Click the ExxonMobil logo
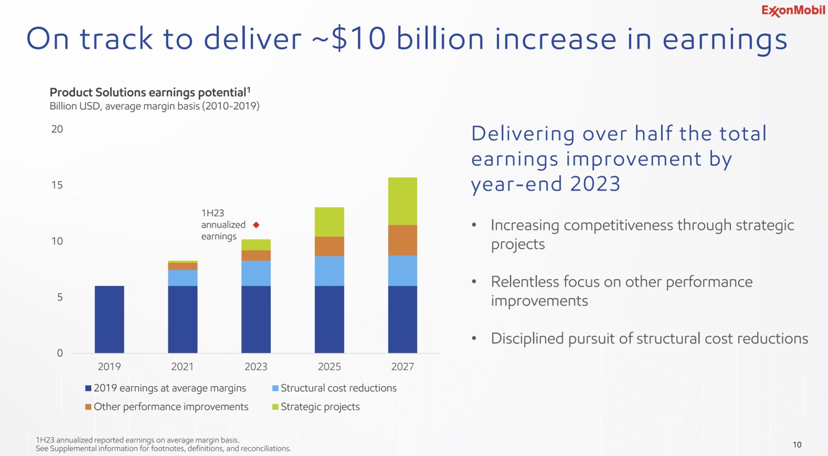tap(793, 11)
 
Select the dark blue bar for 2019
tap(109, 319)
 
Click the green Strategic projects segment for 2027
tap(402, 201)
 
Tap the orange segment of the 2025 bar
tap(329, 246)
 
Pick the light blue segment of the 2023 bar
tap(256, 273)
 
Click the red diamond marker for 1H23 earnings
tap(256, 225)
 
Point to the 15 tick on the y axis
tap(57, 185)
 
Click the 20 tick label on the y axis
tap(57, 129)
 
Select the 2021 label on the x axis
tap(182, 367)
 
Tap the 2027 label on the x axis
tap(402, 367)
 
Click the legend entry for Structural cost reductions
tap(338, 388)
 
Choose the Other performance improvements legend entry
tap(170, 407)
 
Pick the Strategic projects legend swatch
tap(275, 407)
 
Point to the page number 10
tap(797, 445)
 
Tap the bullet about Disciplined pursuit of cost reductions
tap(649, 339)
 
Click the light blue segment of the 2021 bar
tap(183, 278)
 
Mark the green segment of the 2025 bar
tap(329, 222)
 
